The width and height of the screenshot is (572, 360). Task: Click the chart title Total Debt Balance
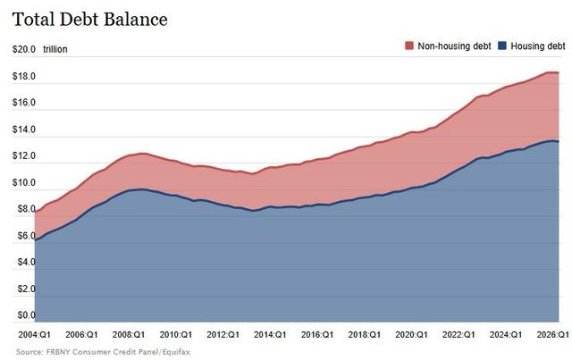click(x=89, y=20)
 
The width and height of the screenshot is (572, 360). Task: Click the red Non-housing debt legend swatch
click(x=409, y=46)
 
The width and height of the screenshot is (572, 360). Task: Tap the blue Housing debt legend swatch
click(x=502, y=46)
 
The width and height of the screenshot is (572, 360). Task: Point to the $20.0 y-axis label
click(x=24, y=49)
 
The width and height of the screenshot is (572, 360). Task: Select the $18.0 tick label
click(x=24, y=76)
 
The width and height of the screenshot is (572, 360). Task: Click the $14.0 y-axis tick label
click(x=24, y=130)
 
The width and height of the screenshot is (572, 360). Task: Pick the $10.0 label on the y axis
click(x=24, y=182)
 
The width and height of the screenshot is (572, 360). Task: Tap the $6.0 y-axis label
click(x=26, y=236)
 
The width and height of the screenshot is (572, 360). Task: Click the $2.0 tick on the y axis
click(x=26, y=289)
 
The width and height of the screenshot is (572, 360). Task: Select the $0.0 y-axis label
click(x=26, y=315)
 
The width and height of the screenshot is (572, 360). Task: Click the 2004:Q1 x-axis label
click(x=35, y=334)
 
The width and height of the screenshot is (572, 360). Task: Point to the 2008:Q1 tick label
click(x=129, y=334)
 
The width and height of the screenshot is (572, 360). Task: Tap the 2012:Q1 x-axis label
click(x=223, y=334)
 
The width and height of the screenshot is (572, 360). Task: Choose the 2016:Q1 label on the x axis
click(x=317, y=334)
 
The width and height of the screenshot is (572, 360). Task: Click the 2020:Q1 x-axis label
click(x=411, y=334)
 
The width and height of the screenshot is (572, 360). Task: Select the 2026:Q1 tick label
click(x=552, y=334)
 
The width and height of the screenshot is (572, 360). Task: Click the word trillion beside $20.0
click(x=55, y=49)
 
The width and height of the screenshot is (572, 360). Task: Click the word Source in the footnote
click(x=29, y=352)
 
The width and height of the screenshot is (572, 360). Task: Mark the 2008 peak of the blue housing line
click(x=141, y=189)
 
